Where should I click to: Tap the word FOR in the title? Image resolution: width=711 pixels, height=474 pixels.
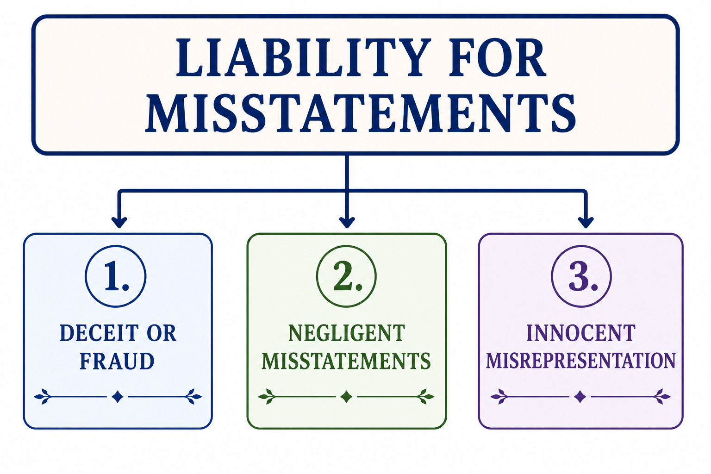(x=498, y=57)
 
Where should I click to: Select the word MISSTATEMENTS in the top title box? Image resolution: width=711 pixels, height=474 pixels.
(x=360, y=113)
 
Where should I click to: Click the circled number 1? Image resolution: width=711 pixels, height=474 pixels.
(x=116, y=276)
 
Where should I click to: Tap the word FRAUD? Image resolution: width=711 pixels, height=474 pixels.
(x=117, y=361)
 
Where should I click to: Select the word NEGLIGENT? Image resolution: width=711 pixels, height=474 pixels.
(x=347, y=333)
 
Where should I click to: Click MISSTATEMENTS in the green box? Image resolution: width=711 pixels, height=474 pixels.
(x=346, y=361)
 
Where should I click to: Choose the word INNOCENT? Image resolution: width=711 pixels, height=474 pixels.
(x=581, y=333)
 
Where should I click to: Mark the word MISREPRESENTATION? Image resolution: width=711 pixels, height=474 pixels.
(x=581, y=361)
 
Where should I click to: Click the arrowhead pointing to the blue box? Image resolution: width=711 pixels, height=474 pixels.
(x=119, y=222)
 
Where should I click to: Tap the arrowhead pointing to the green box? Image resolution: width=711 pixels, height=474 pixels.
(x=347, y=222)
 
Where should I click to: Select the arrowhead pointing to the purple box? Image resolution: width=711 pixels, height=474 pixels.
(x=586, y=222)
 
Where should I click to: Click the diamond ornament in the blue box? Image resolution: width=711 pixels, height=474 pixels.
(x=118, y=397)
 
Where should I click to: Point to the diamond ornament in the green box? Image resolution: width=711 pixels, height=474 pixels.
(x=346, y=397)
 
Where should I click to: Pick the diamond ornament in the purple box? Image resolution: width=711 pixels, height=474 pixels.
(x=580, y=397)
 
